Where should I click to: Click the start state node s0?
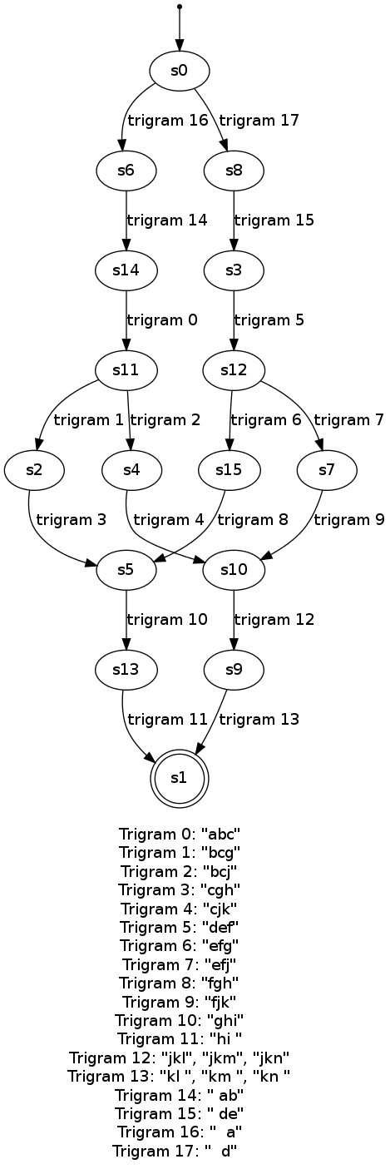click(180, 71)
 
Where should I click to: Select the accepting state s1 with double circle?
click(180, 777)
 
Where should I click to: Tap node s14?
click(126, 270)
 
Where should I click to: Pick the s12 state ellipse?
click(234, 370)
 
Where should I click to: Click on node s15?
click(230, 470)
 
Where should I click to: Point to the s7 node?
click(327, 470)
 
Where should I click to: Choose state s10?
click(234, 569)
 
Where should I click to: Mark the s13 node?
click(126, 669)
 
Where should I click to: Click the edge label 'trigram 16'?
click(168, 121)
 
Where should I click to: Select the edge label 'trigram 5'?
click(269, 319)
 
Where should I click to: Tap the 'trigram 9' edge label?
click(349, 519)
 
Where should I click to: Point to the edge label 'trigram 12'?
click(274, 620)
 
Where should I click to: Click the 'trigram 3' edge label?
click(72, 519)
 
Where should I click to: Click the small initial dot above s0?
click(180, 7)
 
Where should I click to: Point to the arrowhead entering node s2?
click(37, 444)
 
